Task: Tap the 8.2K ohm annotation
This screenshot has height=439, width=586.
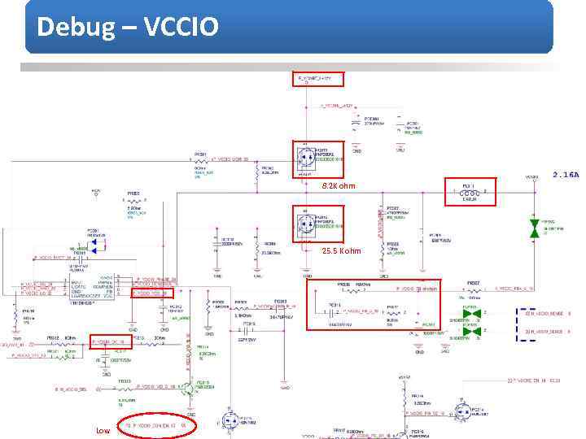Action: click(x=338, y=186)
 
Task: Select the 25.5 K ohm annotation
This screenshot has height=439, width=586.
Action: click(x=339, y=250)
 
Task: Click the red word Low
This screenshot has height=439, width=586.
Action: click(x=103, y=430)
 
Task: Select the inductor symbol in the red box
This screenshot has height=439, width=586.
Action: click(x=467, y=193)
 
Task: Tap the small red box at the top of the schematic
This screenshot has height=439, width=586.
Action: click(x=318, y=79)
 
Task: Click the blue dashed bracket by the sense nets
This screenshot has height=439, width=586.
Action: click(x=519, y=323)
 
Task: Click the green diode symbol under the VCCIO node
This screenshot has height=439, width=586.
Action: click(x=535, y=228)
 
